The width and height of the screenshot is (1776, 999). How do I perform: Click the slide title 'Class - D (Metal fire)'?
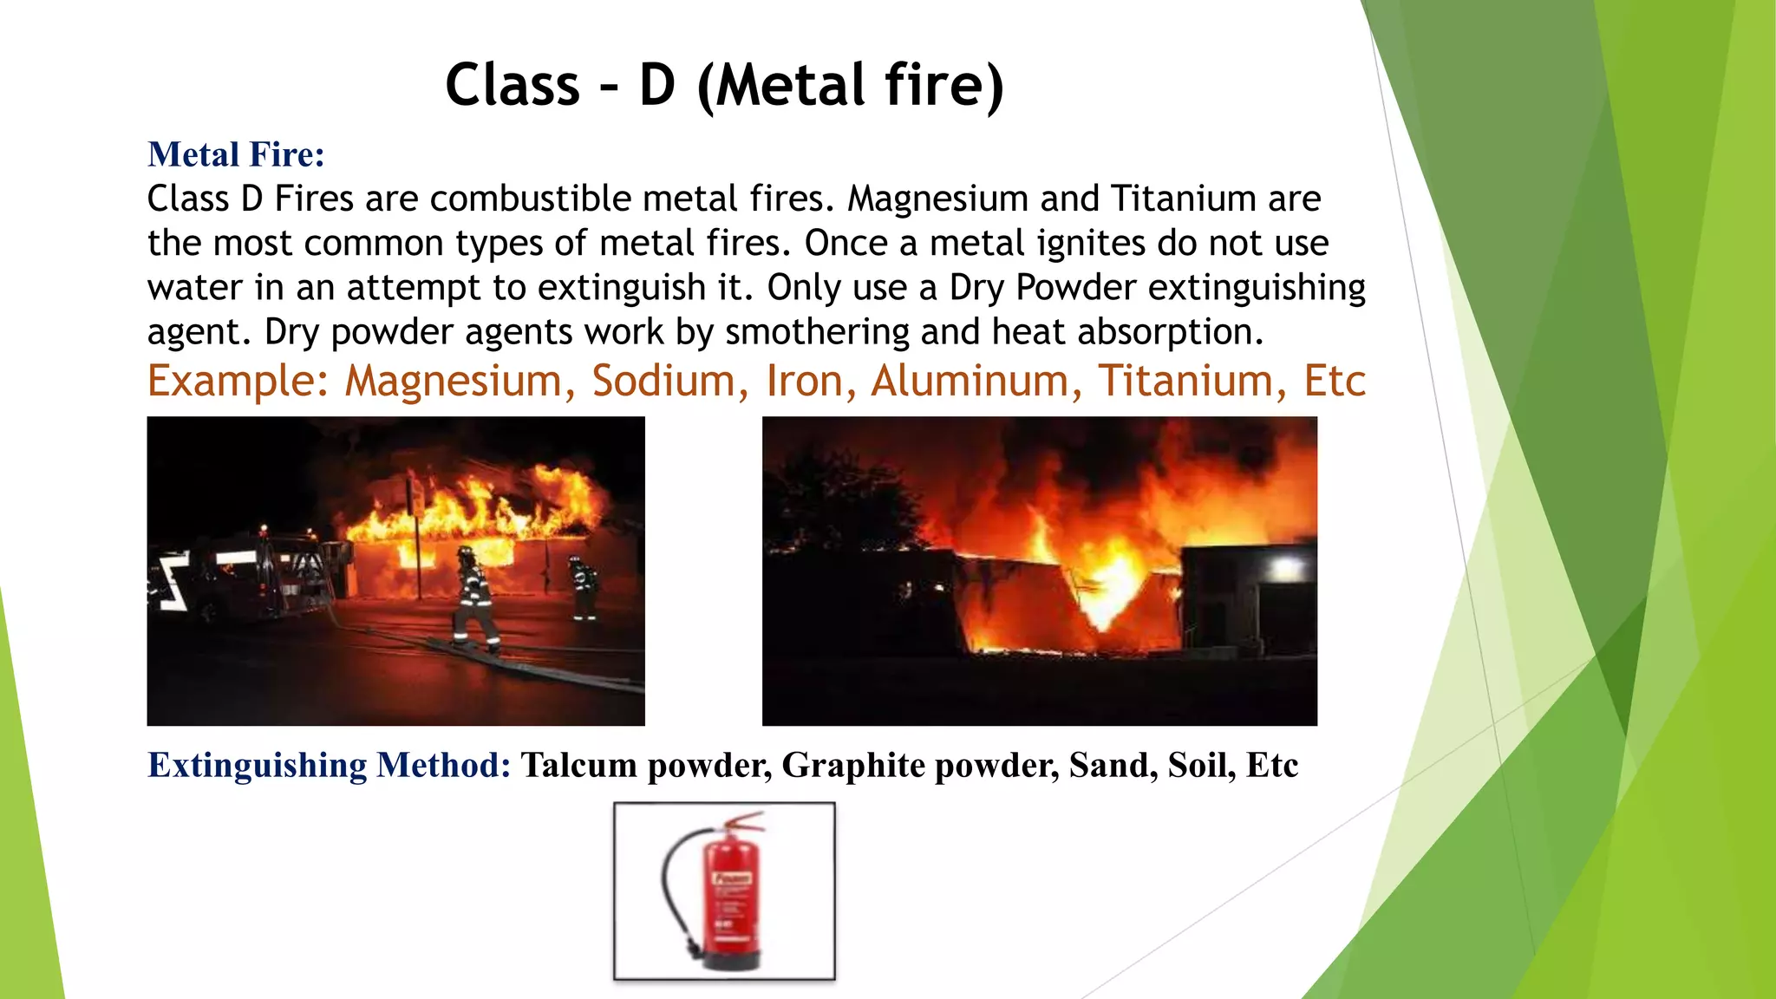point(724,85)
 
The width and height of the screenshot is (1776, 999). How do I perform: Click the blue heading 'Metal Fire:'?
point(236,154)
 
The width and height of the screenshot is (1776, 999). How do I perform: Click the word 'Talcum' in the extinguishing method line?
point(578,765)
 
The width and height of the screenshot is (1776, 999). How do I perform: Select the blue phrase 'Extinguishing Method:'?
point(330,765)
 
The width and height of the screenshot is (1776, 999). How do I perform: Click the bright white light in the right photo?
point(1286,568)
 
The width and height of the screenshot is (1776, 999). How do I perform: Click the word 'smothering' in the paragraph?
point(817,332)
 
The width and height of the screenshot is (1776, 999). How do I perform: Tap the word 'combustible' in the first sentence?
point(531,199)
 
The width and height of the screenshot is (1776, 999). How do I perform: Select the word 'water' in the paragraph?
point(195,288)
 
